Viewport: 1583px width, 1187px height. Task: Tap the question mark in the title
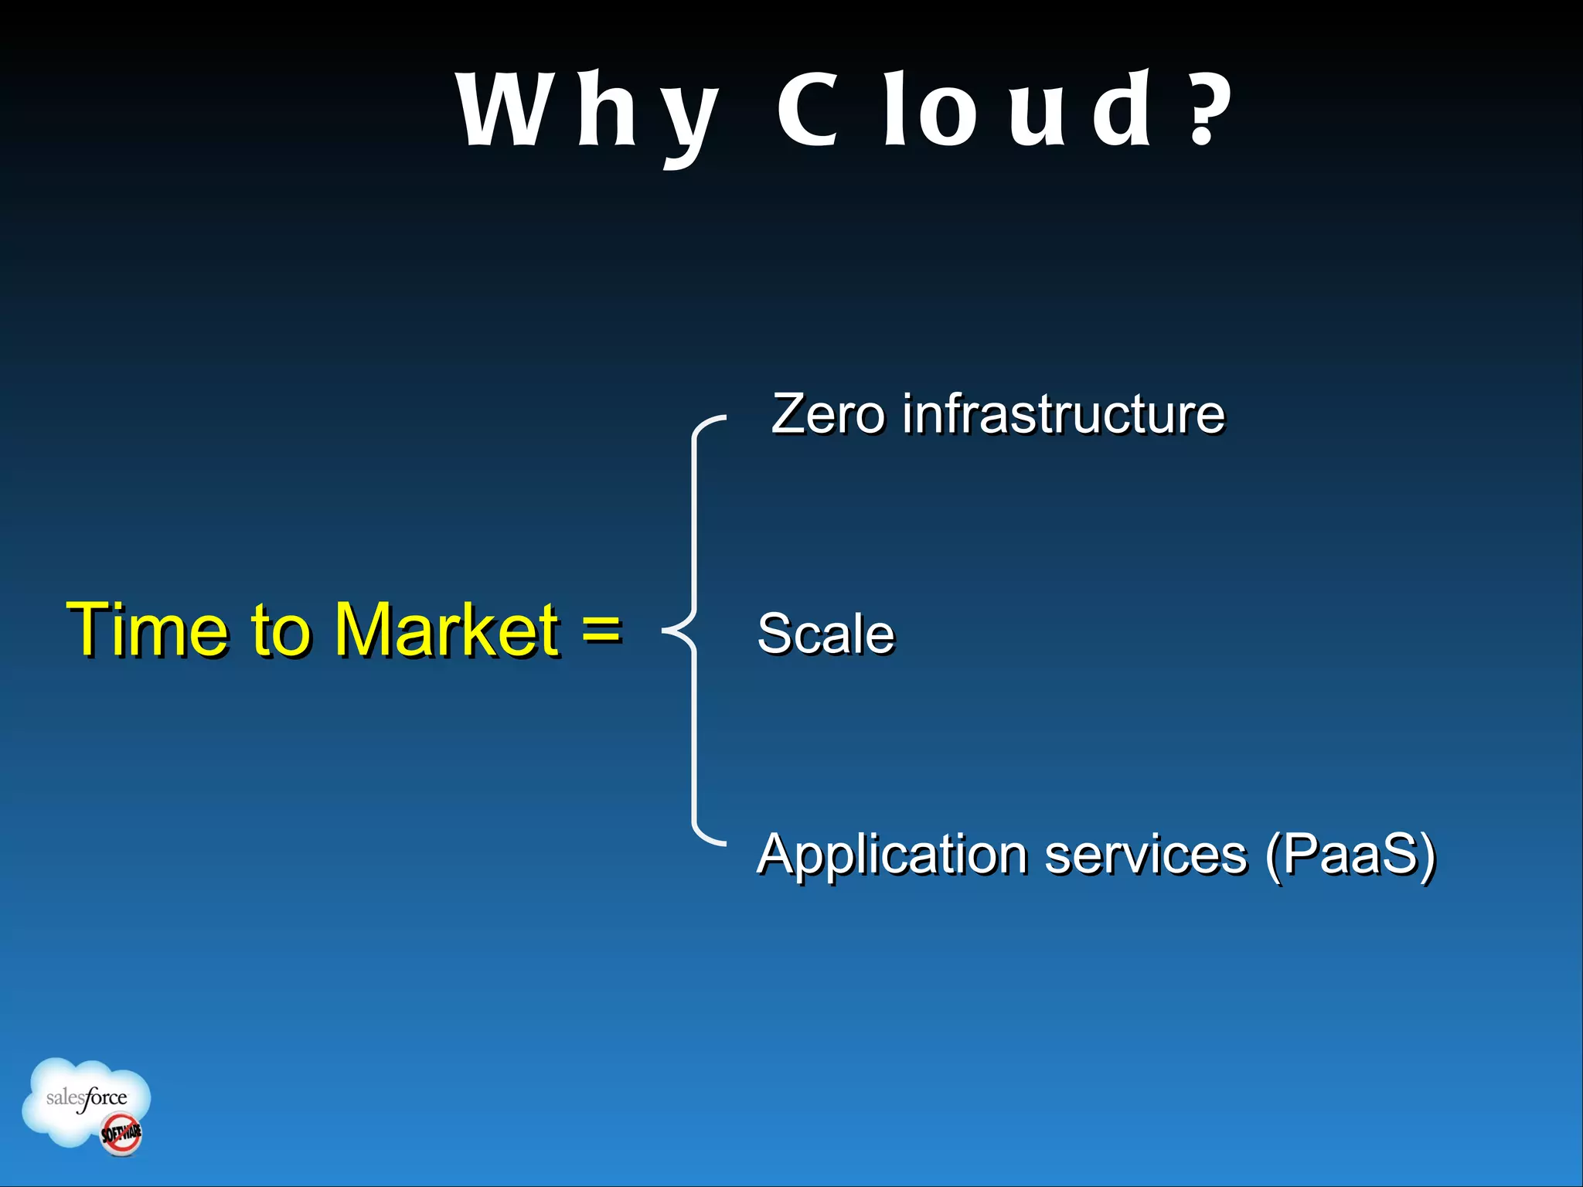coord(1206,109)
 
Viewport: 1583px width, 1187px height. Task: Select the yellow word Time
coord(147,629)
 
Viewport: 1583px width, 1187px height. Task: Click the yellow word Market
coord(446,629)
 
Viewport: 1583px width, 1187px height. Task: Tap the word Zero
coord(827,414)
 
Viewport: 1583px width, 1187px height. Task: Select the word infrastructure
coord(1064,414)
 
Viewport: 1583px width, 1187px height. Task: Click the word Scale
coord(826,634)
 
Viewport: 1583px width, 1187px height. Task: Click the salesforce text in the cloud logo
coord(87,1097)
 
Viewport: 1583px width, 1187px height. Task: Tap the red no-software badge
coord(121,1134)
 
